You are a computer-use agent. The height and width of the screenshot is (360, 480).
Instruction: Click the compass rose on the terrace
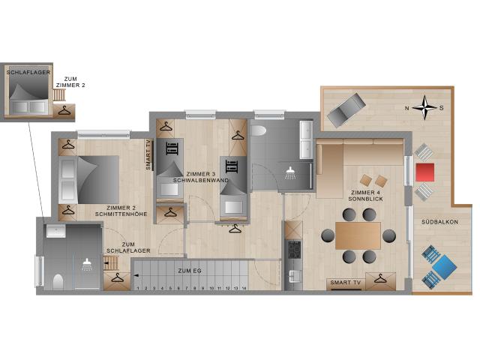click(425, 107)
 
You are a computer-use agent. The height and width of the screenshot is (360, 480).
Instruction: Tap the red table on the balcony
click(424, 172)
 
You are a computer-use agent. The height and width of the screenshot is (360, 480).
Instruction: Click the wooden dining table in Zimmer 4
click(358, 235)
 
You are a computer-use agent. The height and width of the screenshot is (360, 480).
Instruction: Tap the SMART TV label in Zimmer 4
click(344, 283)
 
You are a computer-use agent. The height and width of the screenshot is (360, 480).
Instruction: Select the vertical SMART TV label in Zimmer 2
click(149, 155)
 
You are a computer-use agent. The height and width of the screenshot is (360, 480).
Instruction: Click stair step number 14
click(245, 287)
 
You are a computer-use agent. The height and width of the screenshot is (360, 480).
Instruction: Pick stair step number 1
click(138, 287)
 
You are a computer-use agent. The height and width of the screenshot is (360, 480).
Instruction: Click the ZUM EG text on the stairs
click(190, 270)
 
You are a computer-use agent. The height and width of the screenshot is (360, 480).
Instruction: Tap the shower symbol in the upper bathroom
click(289, 172)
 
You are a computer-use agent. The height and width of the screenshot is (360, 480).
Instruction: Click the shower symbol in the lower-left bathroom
click(88, 263)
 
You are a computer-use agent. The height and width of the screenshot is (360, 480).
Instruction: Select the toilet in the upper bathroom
click(259, 130)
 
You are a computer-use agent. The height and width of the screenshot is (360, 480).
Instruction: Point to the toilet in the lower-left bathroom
click(58, 280)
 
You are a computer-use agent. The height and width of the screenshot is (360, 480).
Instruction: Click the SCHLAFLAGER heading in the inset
click(24, 73)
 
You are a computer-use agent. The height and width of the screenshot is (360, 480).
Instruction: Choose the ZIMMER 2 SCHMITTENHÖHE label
click(119, 211)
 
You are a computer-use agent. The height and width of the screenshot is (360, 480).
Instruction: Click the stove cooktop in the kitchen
click(293, 248)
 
